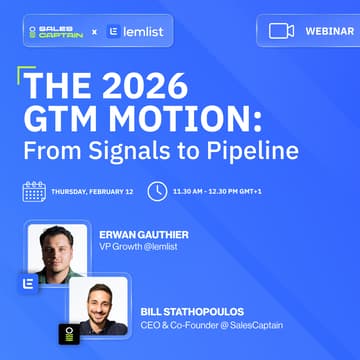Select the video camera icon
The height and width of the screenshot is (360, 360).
[281, 31]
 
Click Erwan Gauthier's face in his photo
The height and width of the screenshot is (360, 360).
[57, 245]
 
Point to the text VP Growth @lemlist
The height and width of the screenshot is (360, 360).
[136, 249]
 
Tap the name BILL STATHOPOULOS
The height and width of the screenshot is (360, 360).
[201, 311]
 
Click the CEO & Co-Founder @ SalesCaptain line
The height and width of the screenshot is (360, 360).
[211, 325]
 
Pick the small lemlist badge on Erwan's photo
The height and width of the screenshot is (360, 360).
[29, 282]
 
